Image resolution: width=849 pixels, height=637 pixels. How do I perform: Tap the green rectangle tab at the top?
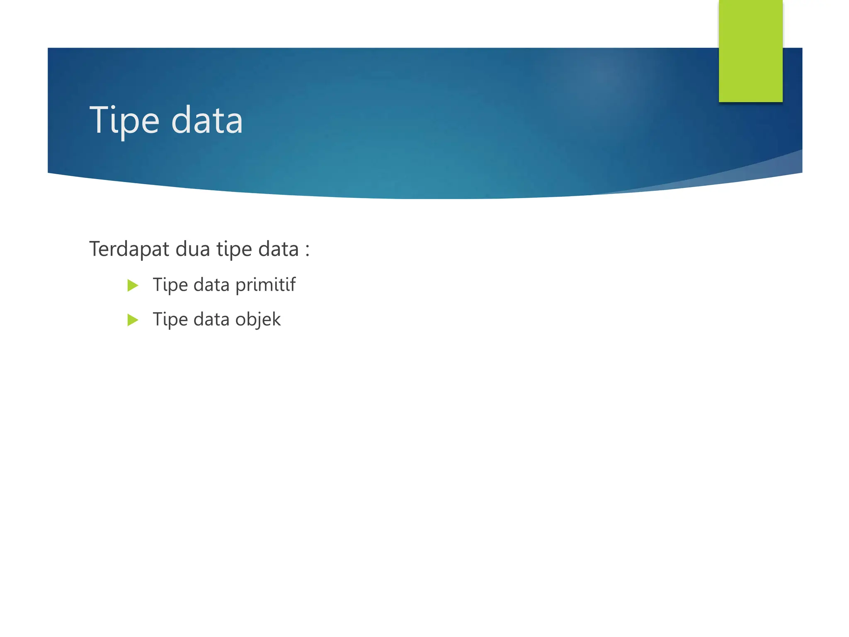[750, 51]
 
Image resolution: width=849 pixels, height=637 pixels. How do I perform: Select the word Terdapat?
[129, 249]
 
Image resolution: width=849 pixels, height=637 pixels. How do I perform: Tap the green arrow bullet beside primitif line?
[133, 285]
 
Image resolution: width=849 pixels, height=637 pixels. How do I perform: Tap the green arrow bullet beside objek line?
[133, 320]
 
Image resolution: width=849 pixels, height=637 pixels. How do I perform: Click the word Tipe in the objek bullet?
[170, 320]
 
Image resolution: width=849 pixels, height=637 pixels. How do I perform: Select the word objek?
[258, 320]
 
